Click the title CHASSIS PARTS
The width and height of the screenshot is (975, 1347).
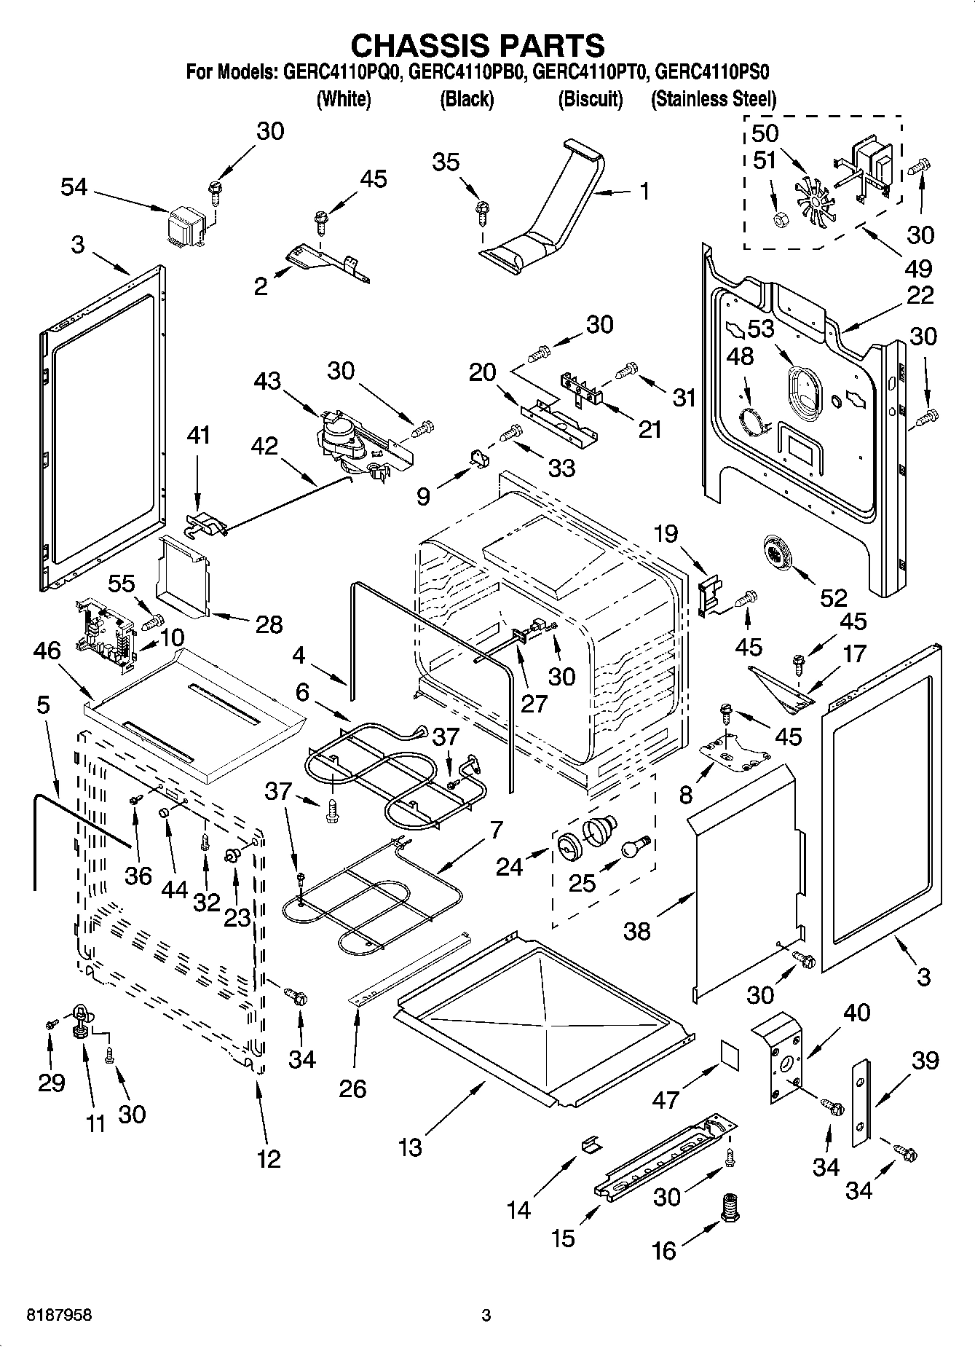pos(478,45)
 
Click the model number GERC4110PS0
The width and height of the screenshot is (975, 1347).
pos(712,72)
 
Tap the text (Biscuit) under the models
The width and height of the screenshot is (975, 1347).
pos(590,99)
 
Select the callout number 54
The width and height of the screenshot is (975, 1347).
pos(74,187)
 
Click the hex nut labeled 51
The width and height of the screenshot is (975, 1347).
pos(780,218)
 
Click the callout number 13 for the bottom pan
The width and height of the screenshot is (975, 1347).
pos(410,1147)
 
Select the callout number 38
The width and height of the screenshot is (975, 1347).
pos(637,930)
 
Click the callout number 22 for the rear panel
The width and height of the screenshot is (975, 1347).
pos(920,295)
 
